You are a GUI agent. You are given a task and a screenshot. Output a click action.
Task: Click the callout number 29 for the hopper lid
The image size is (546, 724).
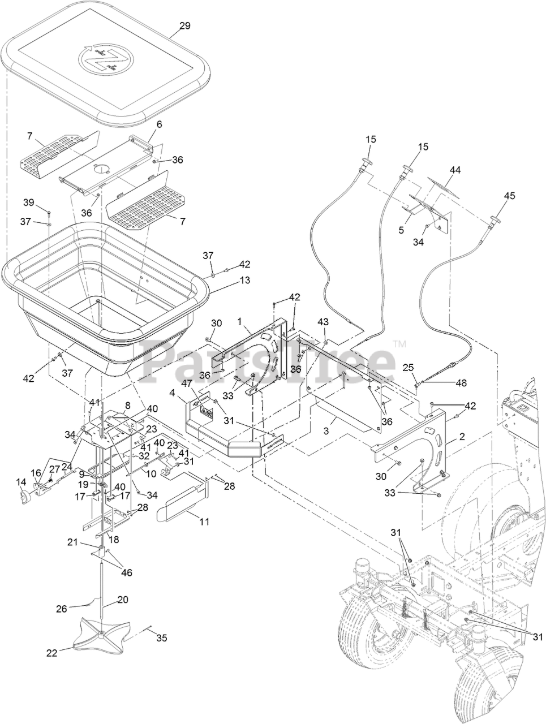pos(185,25)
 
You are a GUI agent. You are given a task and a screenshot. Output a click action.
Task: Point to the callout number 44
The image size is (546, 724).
pos(455,170)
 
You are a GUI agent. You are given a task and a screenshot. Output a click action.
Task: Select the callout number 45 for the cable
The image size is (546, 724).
pos(509,196)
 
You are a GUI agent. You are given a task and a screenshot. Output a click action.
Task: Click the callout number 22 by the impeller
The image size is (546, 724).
pos(51,652)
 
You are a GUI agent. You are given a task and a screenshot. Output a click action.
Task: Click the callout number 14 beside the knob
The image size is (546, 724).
pos(22,482)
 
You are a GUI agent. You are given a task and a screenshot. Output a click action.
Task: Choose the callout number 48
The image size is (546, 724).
pos(461,382)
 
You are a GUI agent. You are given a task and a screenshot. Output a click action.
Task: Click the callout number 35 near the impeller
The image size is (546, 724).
pos(162,638)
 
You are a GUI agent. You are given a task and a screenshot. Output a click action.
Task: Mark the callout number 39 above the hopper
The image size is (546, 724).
pos(29,202)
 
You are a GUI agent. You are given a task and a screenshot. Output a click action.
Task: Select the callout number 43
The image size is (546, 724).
pos(323,322)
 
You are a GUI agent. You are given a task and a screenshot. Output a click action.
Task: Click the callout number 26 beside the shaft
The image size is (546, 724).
pos(61,609)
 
